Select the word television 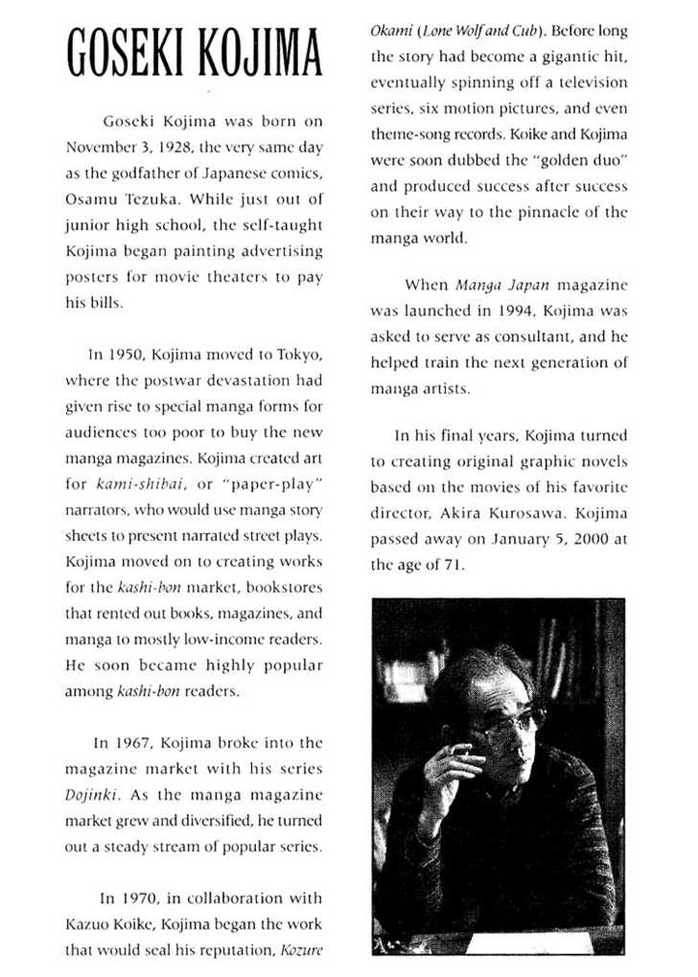(585, 82)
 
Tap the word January (521, 538)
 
